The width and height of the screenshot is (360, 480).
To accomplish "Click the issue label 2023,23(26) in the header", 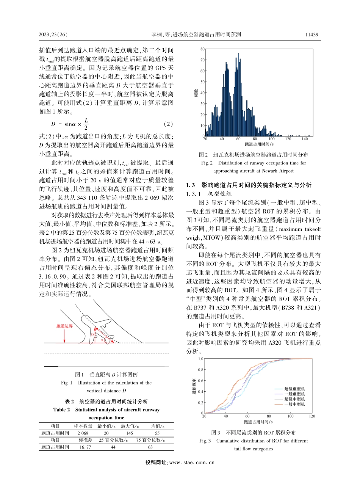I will tap(53, 35).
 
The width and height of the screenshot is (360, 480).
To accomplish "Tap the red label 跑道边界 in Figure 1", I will tap(64, 326).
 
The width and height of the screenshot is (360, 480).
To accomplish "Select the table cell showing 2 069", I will tap(83, 433).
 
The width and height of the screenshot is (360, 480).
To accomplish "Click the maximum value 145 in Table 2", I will tap(129, 433).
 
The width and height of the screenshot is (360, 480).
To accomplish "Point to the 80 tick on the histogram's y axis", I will tap(202, 49).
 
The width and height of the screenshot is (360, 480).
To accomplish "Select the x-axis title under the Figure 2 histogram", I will tap(259, 144).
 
